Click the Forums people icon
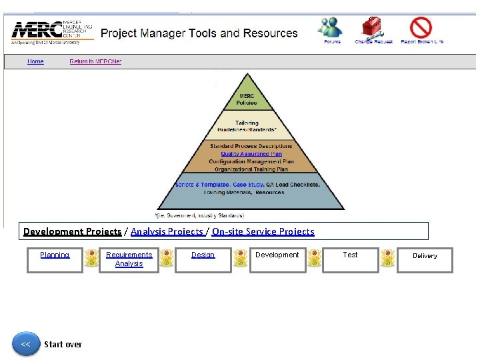tap(331, 27)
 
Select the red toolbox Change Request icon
tap(373, 27)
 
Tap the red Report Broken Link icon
tap(421, 27)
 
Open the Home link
tap(35, 61)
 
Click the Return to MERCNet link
tap(95, 61)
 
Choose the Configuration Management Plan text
tap(251, 161)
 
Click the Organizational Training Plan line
tap(251, 169)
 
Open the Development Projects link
tap(72, 231)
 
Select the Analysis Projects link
tap(167, 231)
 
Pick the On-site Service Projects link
tap(263, 231)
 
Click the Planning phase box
tap(55, 259)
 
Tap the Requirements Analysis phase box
tap(129, 259)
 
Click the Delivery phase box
tap(425, 259)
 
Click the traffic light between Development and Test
tap(313, 259)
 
